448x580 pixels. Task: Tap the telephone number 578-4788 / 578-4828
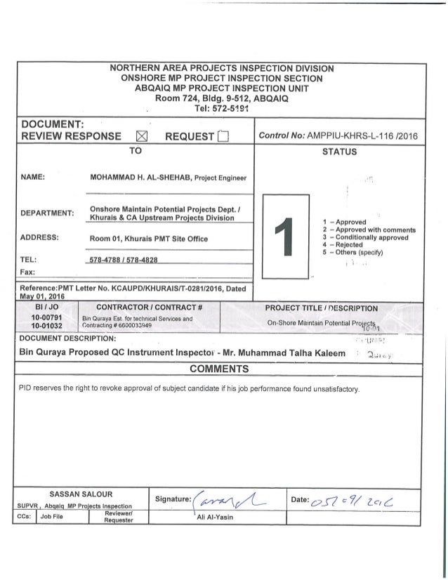click(131, 259)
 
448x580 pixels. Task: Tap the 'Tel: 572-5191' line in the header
click(221, 107)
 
